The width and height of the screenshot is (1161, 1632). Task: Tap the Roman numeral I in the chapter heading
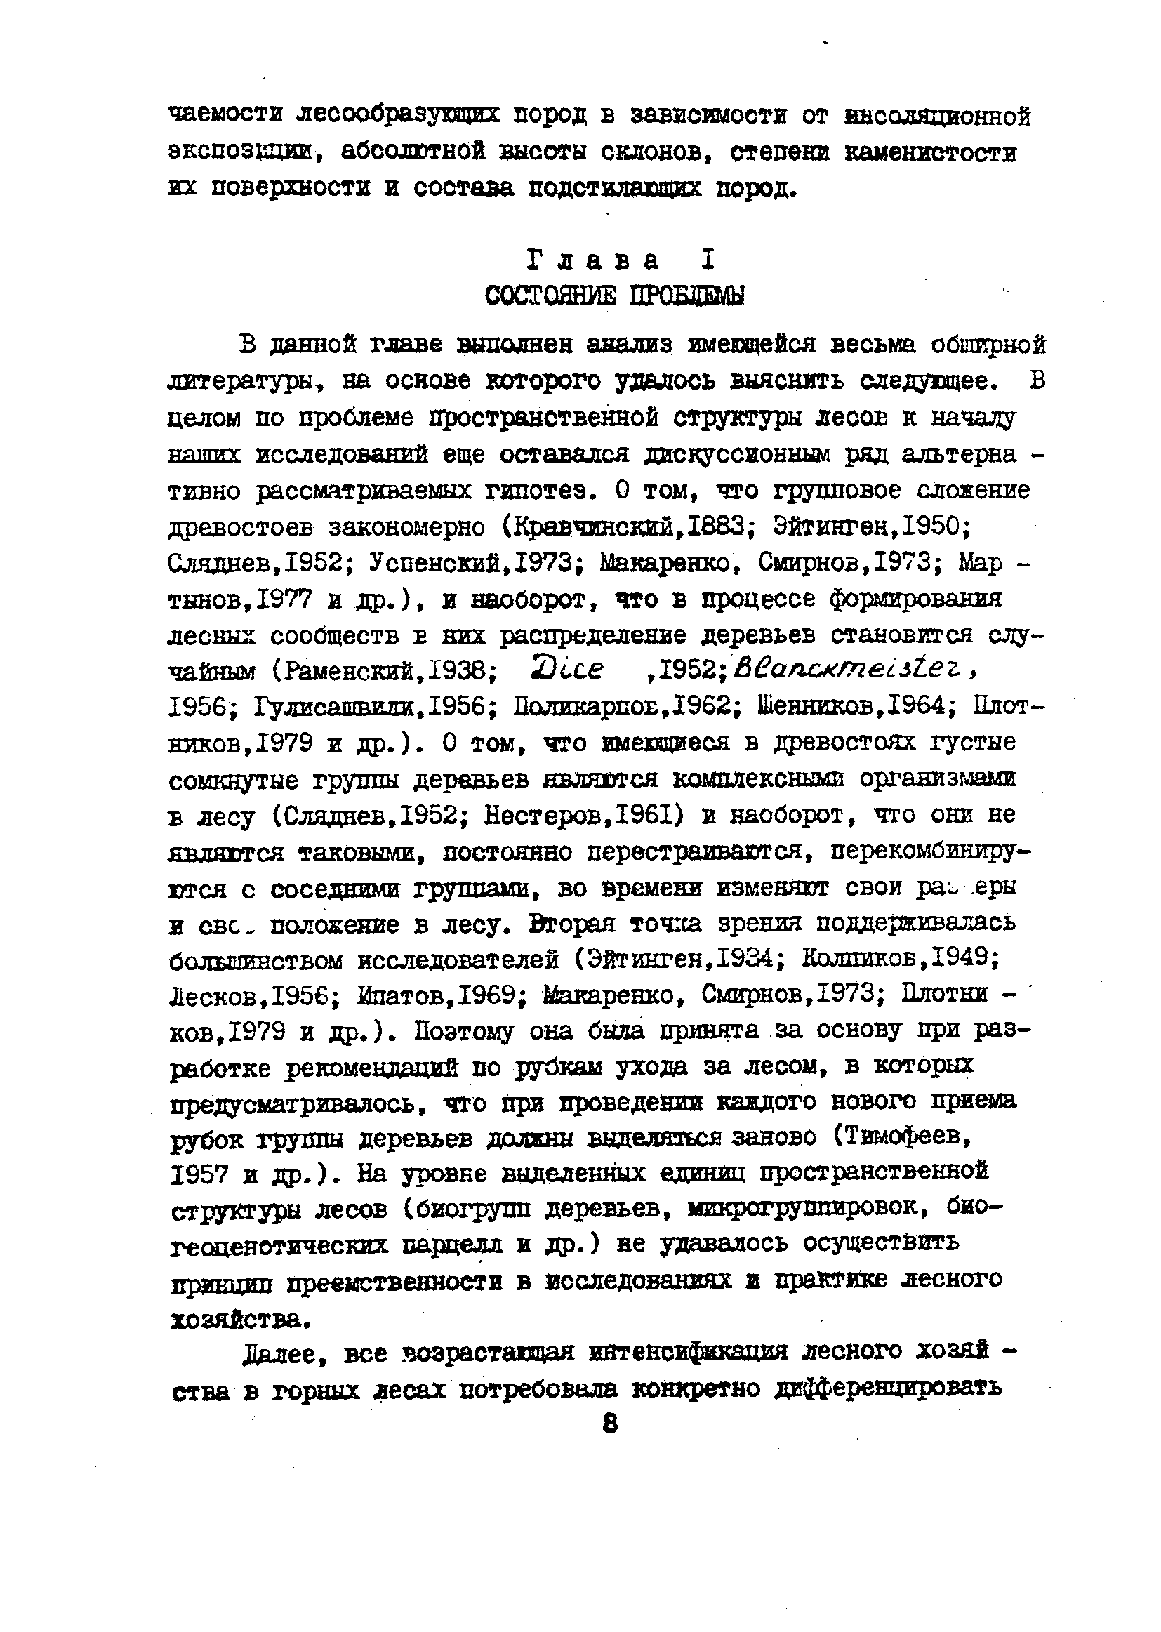point(707,260)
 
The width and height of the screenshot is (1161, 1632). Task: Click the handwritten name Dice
point(569,669)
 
